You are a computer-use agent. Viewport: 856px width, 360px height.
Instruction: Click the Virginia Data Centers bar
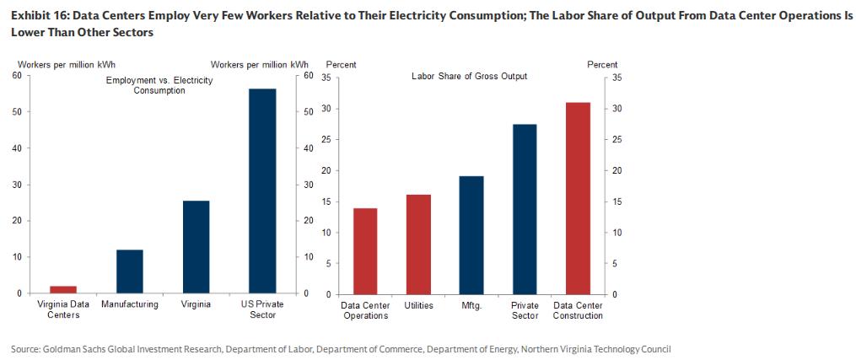(x=63, y=289)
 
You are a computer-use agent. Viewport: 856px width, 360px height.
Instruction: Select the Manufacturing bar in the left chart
(x=130, y=271)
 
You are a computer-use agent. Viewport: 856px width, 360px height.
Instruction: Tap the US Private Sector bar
(x=262, y=191)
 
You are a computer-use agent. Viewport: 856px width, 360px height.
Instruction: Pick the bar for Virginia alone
(x=196, y=247)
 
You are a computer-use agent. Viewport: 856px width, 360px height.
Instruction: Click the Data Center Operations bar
(x=365, y=250)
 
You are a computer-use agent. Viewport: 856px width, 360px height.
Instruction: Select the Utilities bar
(x=418, y=244)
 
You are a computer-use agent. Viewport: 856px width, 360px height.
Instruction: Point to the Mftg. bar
(x=471, y=234)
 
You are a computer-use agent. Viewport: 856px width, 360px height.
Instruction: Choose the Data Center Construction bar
(x=578, y=197)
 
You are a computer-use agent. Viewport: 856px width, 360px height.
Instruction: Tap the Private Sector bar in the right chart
(x=525, y=208)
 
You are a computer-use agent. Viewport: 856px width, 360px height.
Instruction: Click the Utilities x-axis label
(x=418, y=305)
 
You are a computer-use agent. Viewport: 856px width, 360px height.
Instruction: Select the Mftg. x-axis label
(x=471, y=305)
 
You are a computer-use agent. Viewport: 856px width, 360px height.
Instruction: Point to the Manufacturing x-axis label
(x=130, y=304)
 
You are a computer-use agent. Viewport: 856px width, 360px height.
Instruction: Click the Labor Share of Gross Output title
(x=469, y=76)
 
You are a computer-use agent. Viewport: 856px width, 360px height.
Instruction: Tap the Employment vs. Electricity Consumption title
(x=159, y=85)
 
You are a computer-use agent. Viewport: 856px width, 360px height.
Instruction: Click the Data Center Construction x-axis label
(x=578, y=310)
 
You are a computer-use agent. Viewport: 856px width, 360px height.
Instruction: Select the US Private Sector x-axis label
(x=262, y=309)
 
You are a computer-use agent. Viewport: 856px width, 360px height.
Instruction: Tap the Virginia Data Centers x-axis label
(x=63, y=309)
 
